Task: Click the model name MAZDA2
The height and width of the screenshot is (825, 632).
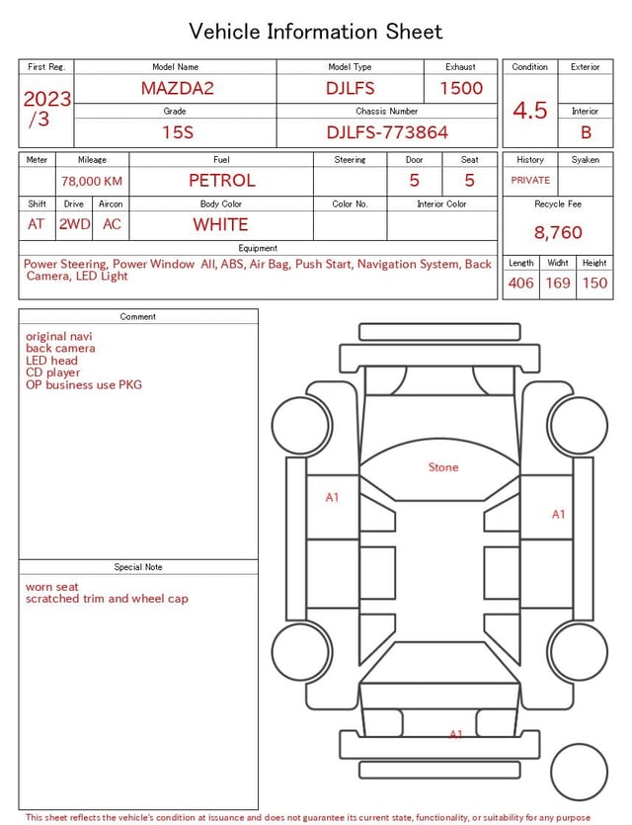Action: click(x=177, y=88)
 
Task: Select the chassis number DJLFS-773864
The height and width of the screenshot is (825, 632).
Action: click(x=387, y=132)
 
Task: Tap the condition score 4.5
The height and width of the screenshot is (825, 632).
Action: click(x=530, y=110)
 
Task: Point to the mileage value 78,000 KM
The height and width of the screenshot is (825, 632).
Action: click(x=92, y=181)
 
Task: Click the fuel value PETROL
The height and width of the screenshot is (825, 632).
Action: click(x=222, y=181)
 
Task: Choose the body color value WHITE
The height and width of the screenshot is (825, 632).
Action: click(x=220, y=224)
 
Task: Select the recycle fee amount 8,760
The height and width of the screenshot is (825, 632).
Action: click(x=558, y=232)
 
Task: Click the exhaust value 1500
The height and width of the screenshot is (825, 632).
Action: click(x=461, y=88)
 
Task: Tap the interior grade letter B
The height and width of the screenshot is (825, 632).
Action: click(x=586, y=132)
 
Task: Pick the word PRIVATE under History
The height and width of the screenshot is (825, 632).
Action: click(x=530, y=180)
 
